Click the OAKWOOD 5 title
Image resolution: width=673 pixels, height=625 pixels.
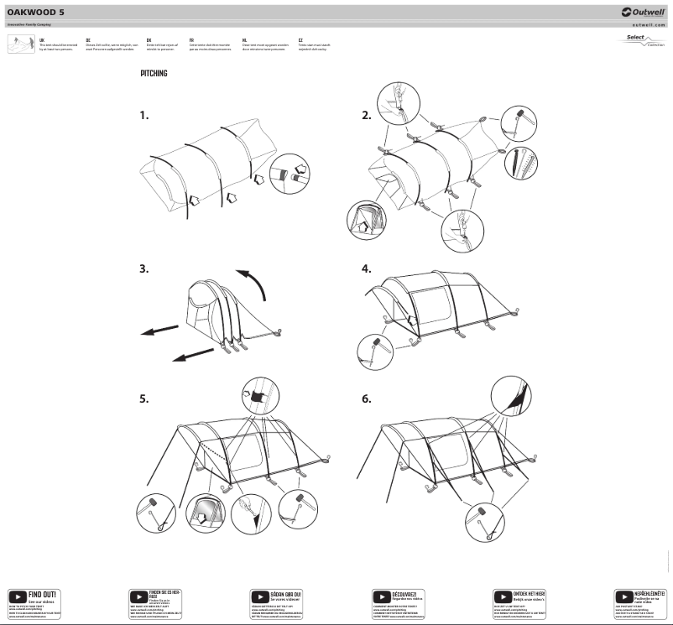coord(36,13)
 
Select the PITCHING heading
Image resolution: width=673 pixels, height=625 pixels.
coord(154,74)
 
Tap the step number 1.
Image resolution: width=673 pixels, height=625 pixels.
coord(144,115)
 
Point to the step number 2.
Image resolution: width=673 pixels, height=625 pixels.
coord(366,115)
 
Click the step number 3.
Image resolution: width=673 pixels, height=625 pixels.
coord(144,269)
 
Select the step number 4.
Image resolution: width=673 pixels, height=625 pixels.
coord(366,269)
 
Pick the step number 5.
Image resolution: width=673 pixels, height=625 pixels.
coord(144,399)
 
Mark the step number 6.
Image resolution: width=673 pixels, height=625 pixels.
coord(366,399)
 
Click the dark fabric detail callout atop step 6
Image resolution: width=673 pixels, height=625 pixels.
coord(509,394)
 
